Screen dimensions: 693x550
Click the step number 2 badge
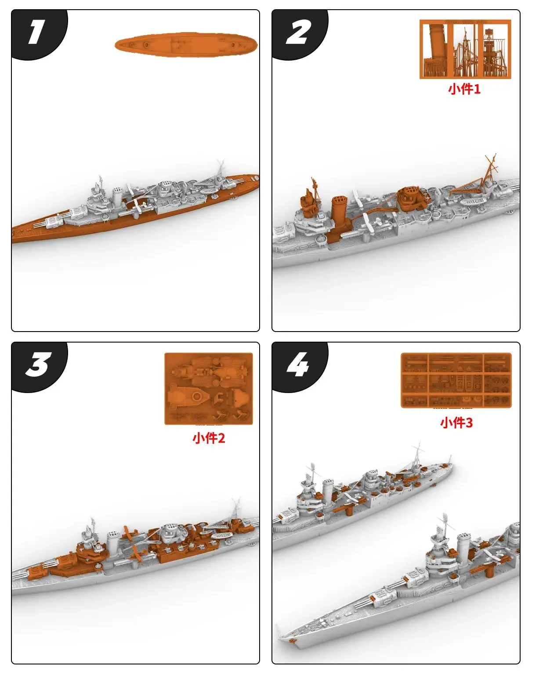pos(298,33)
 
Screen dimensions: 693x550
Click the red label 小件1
pos(464,89)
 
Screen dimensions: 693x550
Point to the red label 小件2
pos(209,438)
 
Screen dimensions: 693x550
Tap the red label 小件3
pos(456,423)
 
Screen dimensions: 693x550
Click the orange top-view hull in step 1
pos(186,44)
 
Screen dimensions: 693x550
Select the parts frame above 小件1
pos(465,49)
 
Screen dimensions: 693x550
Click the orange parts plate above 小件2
pos(209,389)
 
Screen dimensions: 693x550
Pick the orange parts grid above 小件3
pos(456,380)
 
